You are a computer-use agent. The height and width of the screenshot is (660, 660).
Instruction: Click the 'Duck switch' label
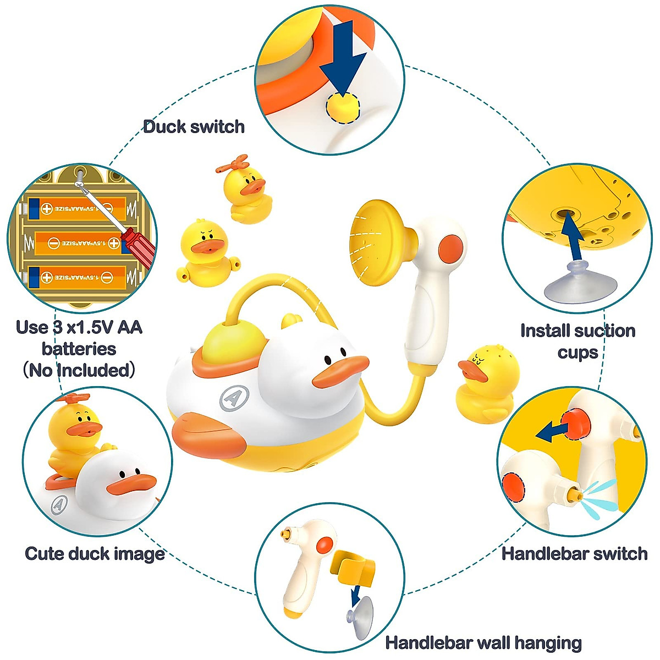click(194, 127)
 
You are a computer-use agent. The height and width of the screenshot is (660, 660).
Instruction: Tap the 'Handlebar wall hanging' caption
click(483, 642)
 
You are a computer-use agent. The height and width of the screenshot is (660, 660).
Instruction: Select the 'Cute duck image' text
click(95, 553)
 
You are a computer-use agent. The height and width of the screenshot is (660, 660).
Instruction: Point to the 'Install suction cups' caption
click(577, 341)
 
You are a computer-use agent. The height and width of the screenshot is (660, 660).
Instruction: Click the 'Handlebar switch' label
click(574, 553)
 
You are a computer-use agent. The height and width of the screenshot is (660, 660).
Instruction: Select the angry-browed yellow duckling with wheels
click(206, 251)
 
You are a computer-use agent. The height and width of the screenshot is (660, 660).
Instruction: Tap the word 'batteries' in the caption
click(79, 349)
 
